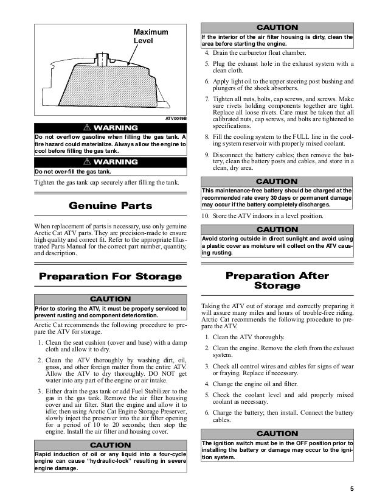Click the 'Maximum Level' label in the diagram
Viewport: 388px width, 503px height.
pyautogui.click(x=151, y=36)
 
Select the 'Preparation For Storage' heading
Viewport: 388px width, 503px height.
pyautogui.click(x=111, y=276)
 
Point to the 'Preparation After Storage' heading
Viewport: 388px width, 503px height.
pyautogui.click(x=277, y=281)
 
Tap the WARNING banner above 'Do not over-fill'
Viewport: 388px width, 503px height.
pyautogui.click(x=111, y=162)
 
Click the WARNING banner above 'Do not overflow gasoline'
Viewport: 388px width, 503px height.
pyautogui.click(x=111, y=127)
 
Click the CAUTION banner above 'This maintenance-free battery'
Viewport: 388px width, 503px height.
pyautogui.click(x=277, y=181)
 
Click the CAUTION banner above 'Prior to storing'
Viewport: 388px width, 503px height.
pyautogui.click(x=111, y=299)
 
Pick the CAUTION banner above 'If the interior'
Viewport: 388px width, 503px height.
pyautogui.click(x=277, y=27)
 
